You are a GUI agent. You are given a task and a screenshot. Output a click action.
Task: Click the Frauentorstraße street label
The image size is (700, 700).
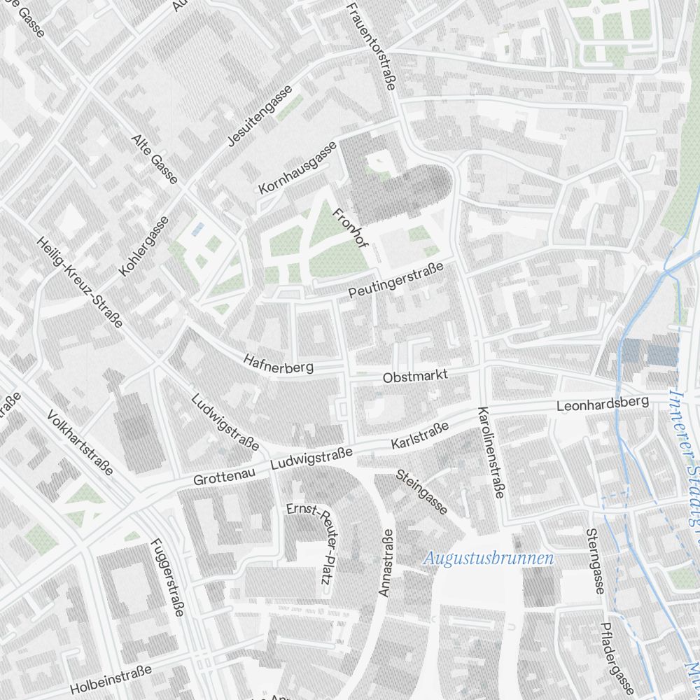point(371,46)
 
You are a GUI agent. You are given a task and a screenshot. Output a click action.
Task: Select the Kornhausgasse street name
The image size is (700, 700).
point(298,168)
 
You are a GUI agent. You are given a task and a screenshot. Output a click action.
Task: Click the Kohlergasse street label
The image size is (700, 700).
point(144,246)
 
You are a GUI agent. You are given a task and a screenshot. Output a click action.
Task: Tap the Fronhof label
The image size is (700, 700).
point(350,229)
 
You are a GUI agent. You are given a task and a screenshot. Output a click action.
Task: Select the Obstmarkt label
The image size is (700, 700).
point(415,377)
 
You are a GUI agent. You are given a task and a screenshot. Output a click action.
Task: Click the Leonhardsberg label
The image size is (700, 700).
point(603,404)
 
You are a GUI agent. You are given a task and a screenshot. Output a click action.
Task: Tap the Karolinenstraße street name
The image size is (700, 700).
point(491,452)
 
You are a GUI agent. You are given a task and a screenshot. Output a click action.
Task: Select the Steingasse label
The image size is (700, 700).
point(421,491)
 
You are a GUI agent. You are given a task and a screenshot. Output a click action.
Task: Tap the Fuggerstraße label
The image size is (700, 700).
point(167,577)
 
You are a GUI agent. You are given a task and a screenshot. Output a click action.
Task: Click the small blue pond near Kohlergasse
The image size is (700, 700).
point(199,228)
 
